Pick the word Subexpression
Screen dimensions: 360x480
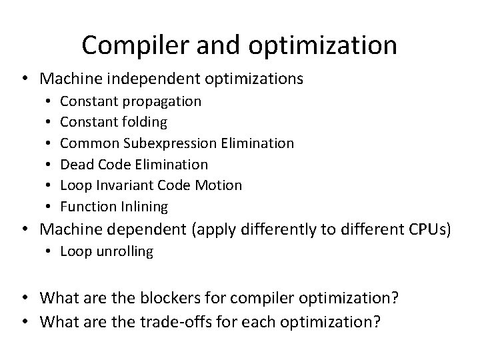173,143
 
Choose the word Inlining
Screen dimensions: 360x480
143,206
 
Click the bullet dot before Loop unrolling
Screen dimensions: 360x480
49,252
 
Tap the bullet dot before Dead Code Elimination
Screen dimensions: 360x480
49,164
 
